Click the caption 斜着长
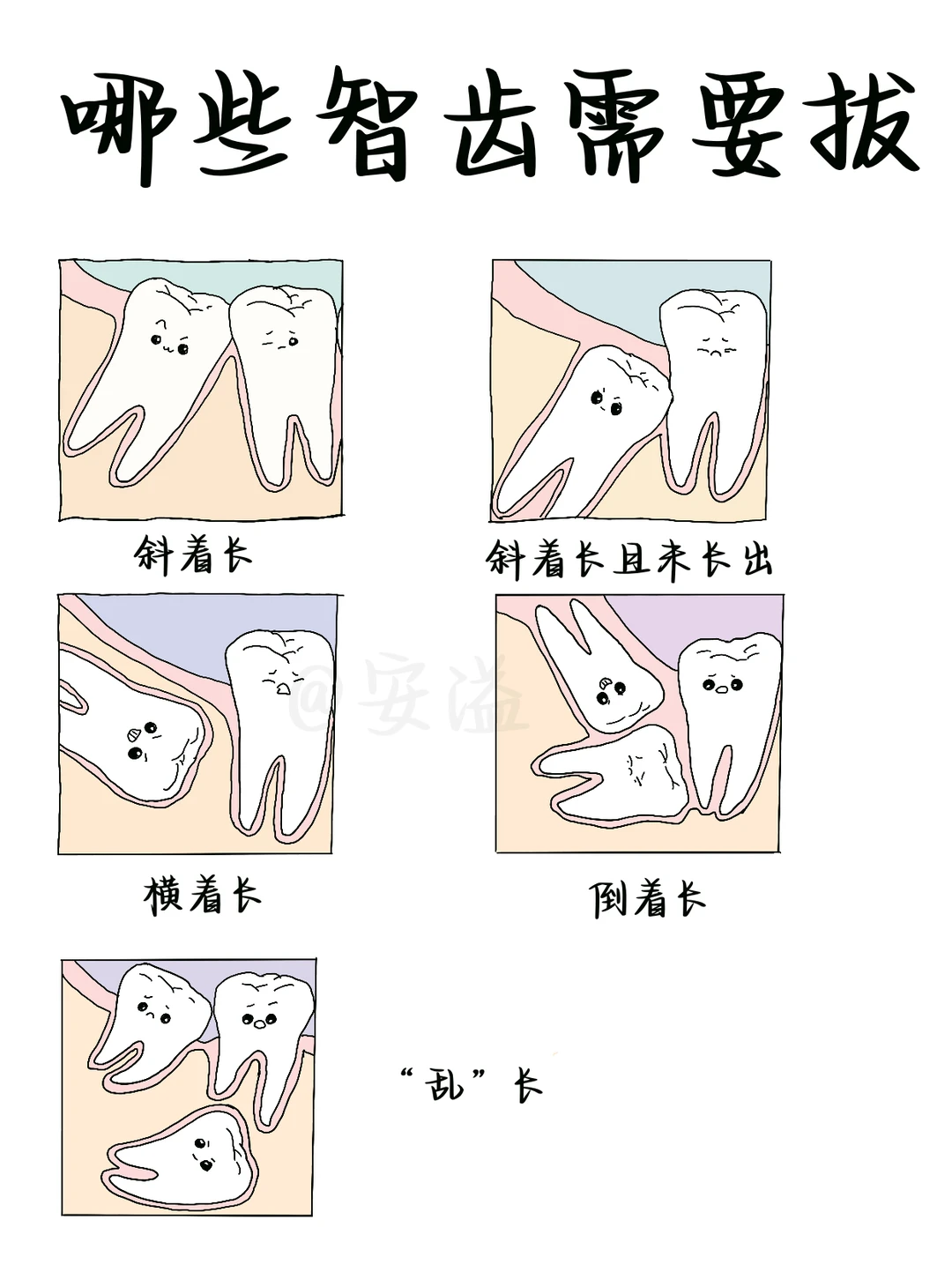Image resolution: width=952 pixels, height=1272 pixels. [192, 555]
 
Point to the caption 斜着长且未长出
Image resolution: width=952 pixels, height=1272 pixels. [629, 559]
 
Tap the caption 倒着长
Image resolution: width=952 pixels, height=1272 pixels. [648, 899]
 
